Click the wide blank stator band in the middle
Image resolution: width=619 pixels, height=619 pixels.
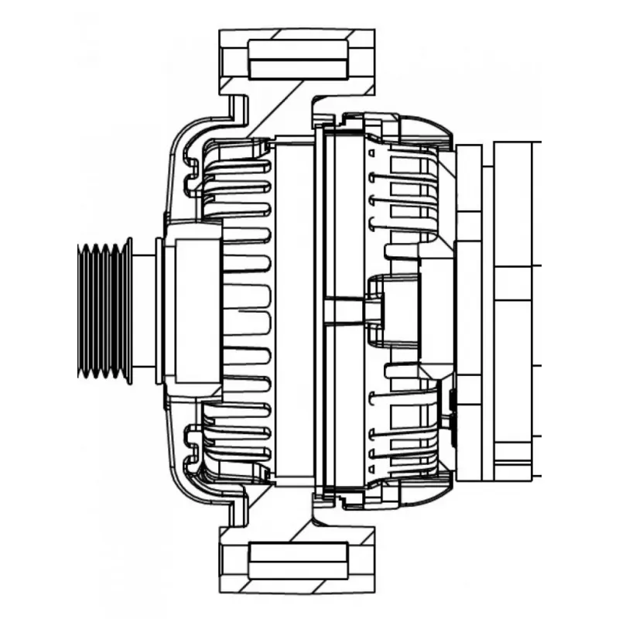[294, 309]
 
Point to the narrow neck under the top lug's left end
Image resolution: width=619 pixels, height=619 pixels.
[239, 108]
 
